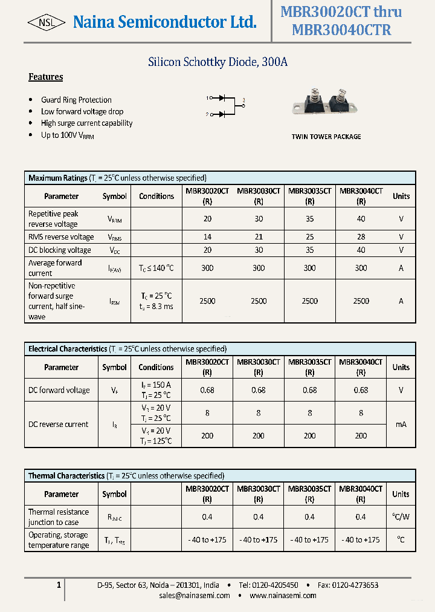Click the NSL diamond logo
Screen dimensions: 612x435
point(47,22)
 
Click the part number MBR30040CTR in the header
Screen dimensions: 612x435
point(341,30)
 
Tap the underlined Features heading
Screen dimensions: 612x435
point(46,77)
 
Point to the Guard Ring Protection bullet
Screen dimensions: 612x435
point(76,100)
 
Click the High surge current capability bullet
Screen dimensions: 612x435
point(86,123)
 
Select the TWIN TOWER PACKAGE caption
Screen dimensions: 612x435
point(326,137)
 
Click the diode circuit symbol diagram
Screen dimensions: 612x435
point(226,105)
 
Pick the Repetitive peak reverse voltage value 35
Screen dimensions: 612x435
point(310,219)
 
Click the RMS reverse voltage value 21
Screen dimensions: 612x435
point(259,237)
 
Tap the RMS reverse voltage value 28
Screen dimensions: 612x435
point(361,237)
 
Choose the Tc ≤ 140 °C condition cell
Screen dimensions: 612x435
point(156,268)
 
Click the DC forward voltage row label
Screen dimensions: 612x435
point(59,390)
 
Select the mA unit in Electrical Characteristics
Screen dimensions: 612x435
point(401,425)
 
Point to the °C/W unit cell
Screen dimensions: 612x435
point(401,516)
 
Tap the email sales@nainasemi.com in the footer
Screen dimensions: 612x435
point(195,596)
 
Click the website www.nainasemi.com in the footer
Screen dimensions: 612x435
point(283,596)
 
